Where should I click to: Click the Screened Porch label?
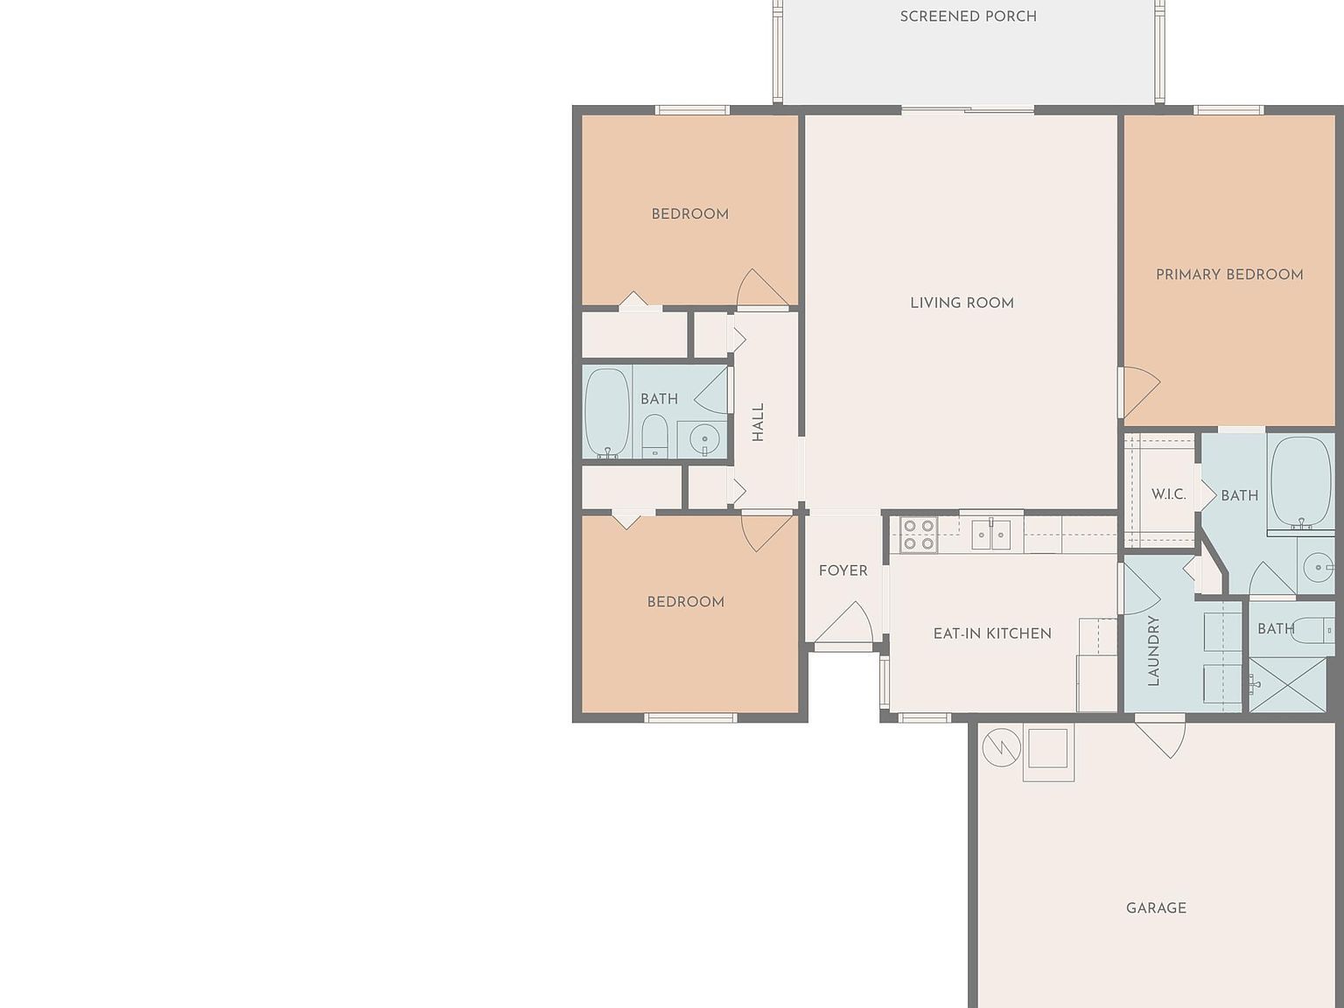968,17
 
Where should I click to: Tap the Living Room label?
962,303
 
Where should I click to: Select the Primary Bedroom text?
1229,275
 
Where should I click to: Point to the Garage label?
1156,908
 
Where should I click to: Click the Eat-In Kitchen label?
992,633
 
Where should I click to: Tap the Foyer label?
843,570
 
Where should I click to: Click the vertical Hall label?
758,423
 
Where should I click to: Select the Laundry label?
1153,651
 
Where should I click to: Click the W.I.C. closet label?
1168,494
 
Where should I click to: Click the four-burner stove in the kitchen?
919,535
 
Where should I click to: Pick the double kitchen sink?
991,535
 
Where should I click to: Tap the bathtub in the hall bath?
606,412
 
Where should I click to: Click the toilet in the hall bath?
654,436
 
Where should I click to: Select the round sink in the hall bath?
704,438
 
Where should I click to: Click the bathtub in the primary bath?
1301,482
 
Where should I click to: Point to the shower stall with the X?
1288,685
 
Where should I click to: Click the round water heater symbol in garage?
1002,747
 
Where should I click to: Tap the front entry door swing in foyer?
843,621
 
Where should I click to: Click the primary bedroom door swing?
1141,392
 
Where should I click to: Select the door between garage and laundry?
1159,740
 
